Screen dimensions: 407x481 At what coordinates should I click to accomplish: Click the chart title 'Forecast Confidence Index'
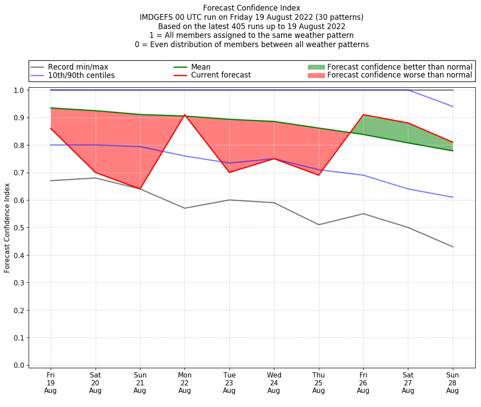pos(252,8)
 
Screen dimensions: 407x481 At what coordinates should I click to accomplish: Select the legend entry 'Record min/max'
pos(78,67)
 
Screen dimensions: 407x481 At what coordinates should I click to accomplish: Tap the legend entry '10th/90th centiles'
pos(81,75)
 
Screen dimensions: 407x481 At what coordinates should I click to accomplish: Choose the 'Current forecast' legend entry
pos(221,75)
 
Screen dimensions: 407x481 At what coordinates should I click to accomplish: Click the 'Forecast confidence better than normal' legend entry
pos(400,67)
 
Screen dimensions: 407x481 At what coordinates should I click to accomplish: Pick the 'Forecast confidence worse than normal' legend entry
pos(400,75)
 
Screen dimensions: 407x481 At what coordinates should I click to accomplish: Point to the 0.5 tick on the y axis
pos(19,228)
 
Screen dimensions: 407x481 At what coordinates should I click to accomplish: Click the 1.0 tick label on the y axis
pos(19,90)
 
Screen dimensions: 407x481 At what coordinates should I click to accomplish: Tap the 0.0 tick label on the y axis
pos(19,365)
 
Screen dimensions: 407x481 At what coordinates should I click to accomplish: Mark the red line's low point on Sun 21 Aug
pos(140,189)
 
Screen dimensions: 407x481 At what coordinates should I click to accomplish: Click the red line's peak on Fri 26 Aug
pos(363,115)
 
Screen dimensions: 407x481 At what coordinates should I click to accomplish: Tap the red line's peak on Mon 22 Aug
pos(185,115)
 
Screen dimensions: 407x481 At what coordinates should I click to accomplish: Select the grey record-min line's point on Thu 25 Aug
pos(318,225)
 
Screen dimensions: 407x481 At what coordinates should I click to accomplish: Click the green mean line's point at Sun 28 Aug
pos(452,151)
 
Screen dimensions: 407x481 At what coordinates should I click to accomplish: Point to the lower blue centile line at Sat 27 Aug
pos(408,189)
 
